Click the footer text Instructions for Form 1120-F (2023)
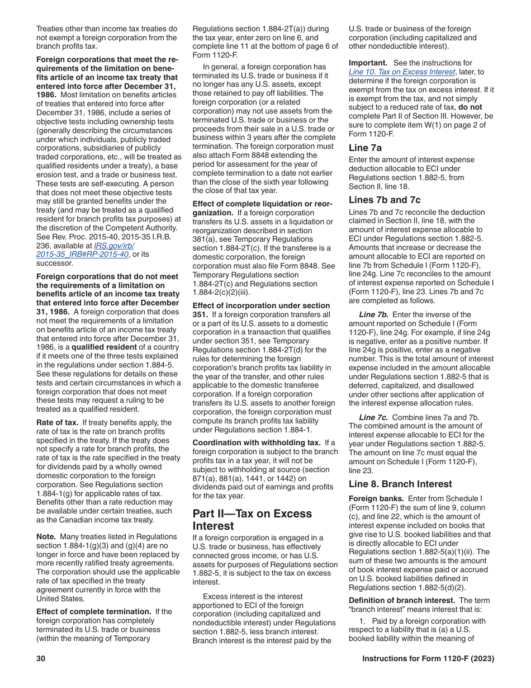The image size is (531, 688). (428, 659)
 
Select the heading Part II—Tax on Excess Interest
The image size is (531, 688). (252, 520)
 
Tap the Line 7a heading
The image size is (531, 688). (365, 148)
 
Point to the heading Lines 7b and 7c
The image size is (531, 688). (385, 200)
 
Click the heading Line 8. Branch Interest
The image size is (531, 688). (400, 484)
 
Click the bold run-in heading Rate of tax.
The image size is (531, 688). (57, 423)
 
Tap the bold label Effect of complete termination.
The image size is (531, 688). (93, 611)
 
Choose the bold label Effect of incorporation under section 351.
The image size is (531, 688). (261, 305)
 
